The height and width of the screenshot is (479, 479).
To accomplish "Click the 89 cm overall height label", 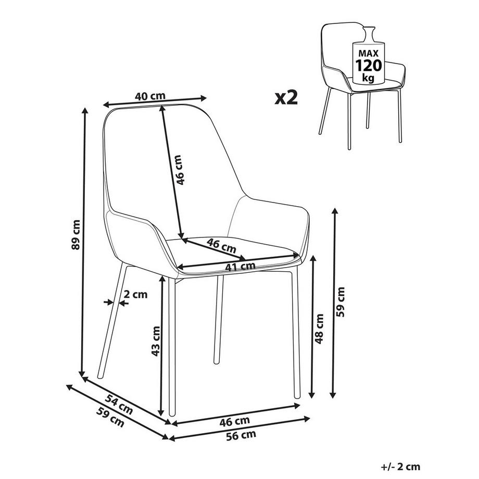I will [77, 234].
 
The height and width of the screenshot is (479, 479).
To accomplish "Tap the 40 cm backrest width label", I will [150, 96].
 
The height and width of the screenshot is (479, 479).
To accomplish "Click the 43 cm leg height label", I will [155, 342].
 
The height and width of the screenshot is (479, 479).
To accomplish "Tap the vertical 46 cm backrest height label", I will [179, 170].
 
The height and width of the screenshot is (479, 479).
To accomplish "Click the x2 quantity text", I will [286, 97].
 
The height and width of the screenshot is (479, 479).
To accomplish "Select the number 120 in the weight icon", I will [369, 65].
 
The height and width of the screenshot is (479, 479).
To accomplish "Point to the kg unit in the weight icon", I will [368, 78].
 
